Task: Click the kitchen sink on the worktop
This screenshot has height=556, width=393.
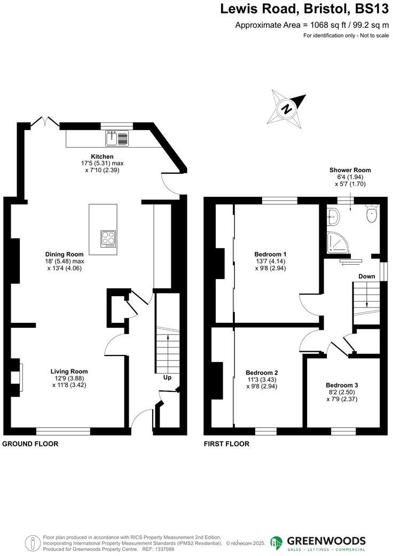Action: click(x=117, y=139)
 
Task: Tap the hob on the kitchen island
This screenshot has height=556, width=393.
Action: click(x=108, y=237)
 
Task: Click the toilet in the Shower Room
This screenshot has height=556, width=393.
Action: click(x=372, y=214)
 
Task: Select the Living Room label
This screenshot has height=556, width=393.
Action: click(x=69, y=371)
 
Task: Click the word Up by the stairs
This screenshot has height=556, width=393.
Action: click(x=167, y=378)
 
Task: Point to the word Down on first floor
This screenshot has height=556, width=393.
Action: click(x=366, y=276)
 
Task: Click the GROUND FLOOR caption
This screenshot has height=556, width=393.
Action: click(x=30, y=444)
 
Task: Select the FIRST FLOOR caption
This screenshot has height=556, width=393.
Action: click(x=226, y=444)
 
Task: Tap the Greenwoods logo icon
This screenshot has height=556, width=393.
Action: click(x=276, y=543)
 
